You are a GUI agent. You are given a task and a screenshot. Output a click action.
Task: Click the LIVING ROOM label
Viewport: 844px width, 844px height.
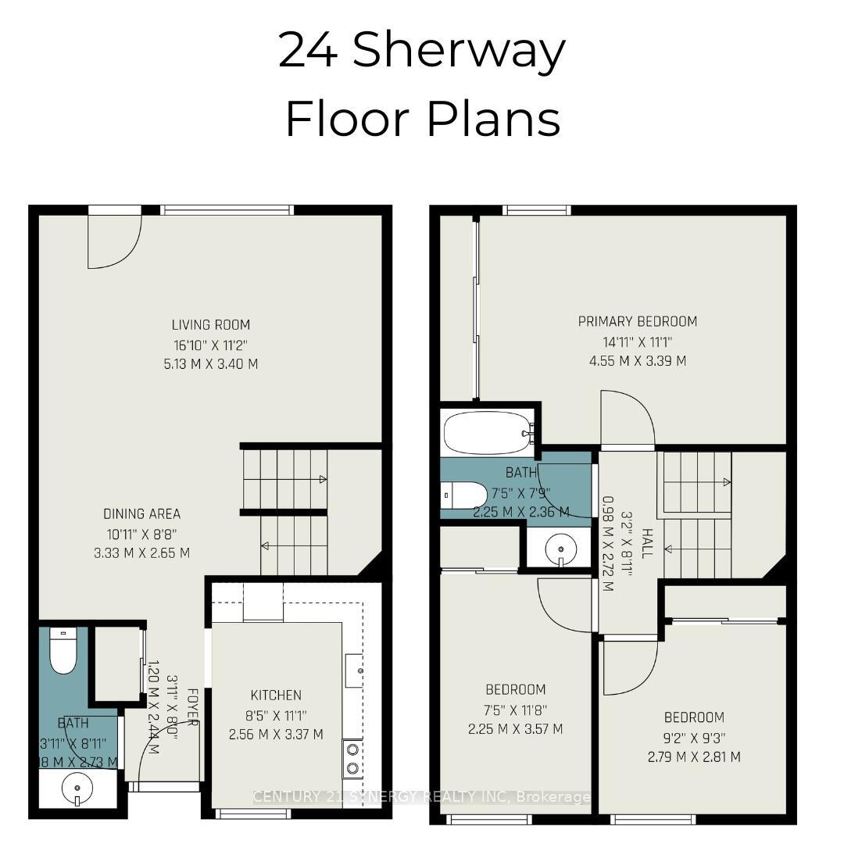(x=211, y=324)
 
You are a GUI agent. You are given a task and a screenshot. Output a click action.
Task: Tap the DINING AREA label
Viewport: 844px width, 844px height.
(x=142, y=513)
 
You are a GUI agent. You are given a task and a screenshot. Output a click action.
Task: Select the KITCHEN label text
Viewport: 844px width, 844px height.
(x=276, y=695)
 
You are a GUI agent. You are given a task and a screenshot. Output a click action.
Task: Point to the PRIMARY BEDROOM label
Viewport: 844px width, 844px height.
(x=638, y=321)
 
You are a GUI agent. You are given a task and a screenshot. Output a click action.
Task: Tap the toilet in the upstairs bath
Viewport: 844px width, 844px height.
(x=464, y=495)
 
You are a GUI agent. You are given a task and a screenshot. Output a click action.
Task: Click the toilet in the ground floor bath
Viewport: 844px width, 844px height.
(x=63, y=650)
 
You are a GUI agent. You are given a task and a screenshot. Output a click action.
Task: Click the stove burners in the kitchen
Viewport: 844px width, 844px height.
(x=352, y=757)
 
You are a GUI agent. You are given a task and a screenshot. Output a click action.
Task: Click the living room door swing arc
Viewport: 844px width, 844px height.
(x=117, y=242)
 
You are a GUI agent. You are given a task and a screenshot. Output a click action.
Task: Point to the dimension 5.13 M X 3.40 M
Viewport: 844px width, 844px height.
(x=211, y=363)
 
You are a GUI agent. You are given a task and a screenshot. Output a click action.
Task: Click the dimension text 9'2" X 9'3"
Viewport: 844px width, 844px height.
(x=694, y=737)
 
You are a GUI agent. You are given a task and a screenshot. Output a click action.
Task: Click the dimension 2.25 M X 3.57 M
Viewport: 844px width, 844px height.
(x=516, y=729)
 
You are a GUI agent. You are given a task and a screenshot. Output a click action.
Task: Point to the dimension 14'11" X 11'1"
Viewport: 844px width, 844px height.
(x=638, y=342)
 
